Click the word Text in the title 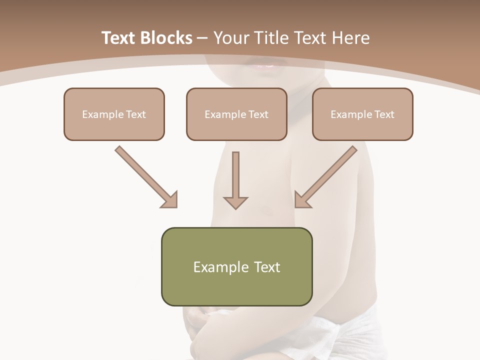[x=119, y=38]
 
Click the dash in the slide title [x=202, y=38]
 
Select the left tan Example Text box [x=114, y=114]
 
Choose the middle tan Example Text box [x=236, y=114]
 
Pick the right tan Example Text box [x=362, y=114]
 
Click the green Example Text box [x=236, y=266]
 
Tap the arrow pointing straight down [x=235, y=180]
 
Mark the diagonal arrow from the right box [x=326, y=176]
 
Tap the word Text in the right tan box [x=384, y=114]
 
